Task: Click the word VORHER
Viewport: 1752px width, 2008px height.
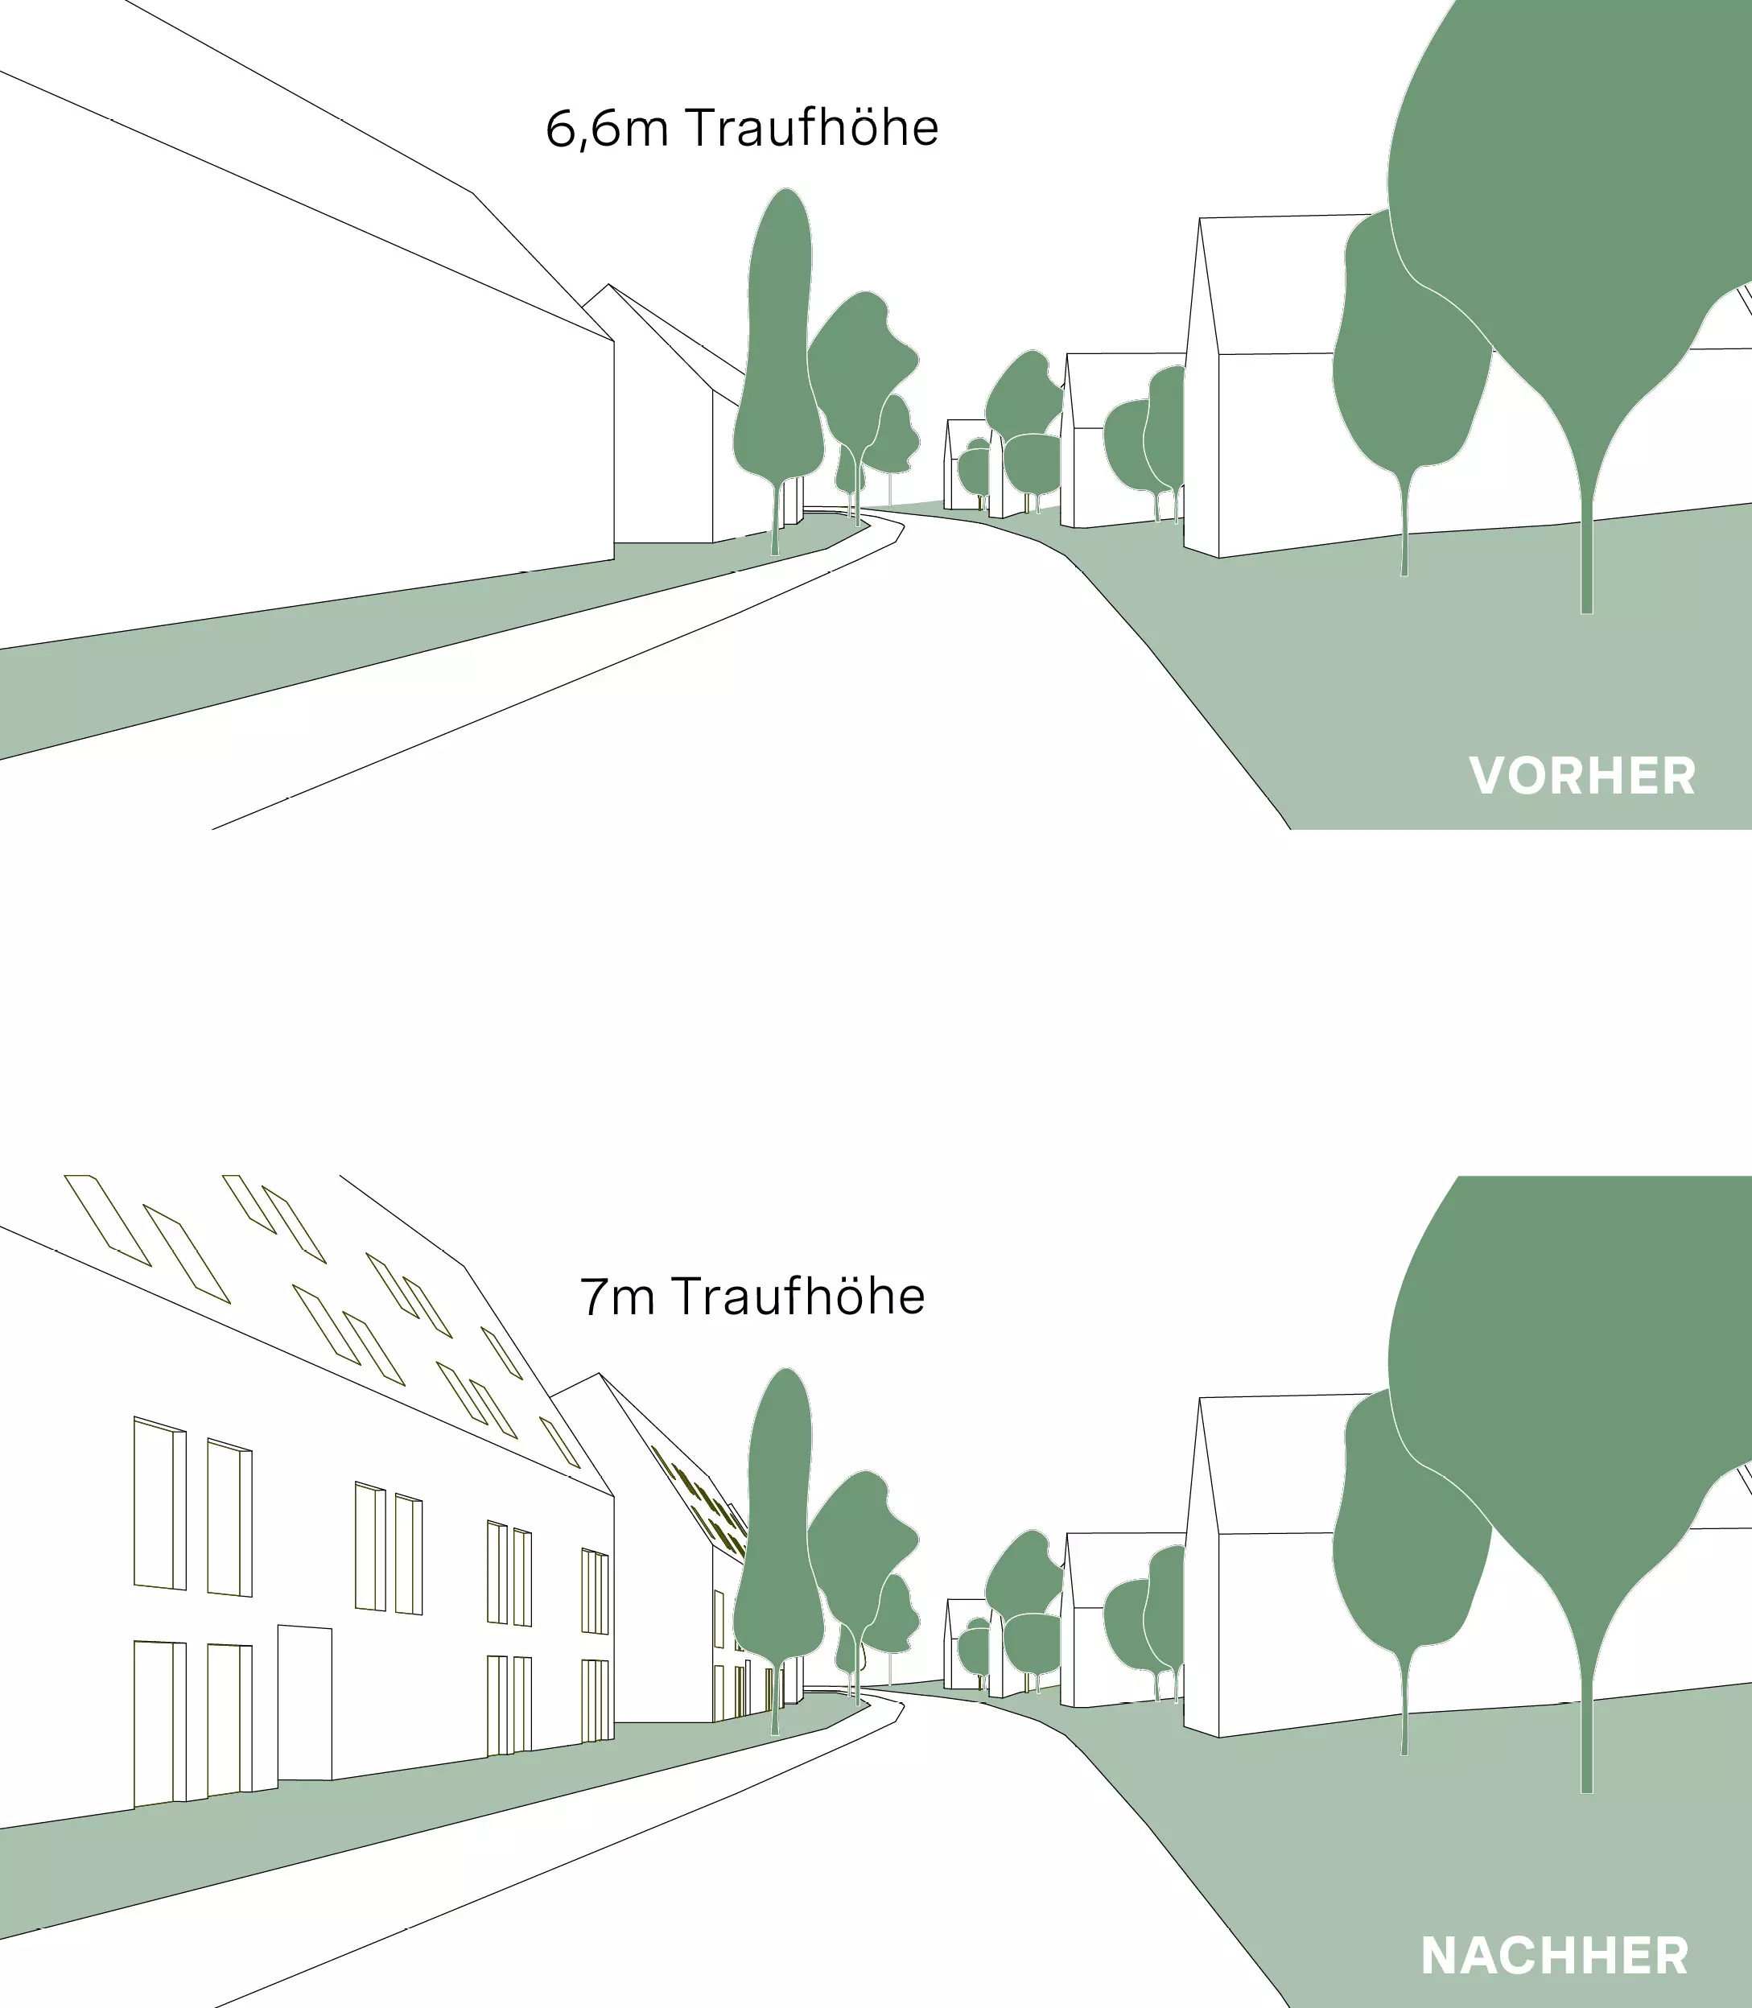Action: [1582, 775]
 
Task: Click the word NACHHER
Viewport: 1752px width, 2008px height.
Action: [1555, 1954]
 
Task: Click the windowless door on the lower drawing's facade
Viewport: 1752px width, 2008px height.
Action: [305, 1704]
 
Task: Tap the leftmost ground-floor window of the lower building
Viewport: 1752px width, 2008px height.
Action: [159, 1722]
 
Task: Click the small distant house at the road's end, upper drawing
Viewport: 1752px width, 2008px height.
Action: [967, 468]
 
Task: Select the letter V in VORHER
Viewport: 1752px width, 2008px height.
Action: [1488, 775]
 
